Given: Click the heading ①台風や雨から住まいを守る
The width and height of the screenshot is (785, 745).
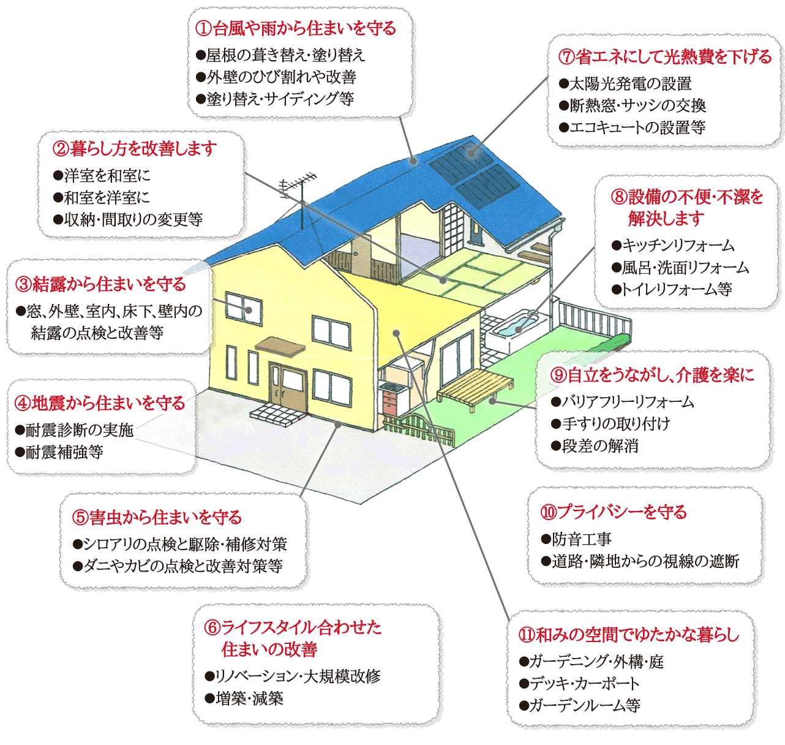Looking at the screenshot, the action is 295,29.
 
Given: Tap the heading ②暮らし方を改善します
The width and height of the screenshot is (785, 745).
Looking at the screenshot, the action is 135,149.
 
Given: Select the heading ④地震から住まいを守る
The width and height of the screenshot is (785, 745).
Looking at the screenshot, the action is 100,404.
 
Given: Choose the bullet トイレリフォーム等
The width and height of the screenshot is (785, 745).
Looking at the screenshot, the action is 672,289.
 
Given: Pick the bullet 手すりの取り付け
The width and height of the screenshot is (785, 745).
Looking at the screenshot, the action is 610,424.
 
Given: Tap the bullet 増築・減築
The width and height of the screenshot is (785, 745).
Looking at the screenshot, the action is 244,698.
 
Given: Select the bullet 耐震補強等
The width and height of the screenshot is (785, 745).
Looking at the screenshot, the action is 59,453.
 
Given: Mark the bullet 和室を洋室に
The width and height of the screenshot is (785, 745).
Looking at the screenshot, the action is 102,198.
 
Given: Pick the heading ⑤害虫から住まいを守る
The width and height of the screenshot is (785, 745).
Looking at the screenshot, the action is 157,518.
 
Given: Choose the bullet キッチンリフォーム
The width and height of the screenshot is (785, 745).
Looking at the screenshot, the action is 673,246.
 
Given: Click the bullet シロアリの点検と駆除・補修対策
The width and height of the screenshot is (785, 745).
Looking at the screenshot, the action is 179,545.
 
